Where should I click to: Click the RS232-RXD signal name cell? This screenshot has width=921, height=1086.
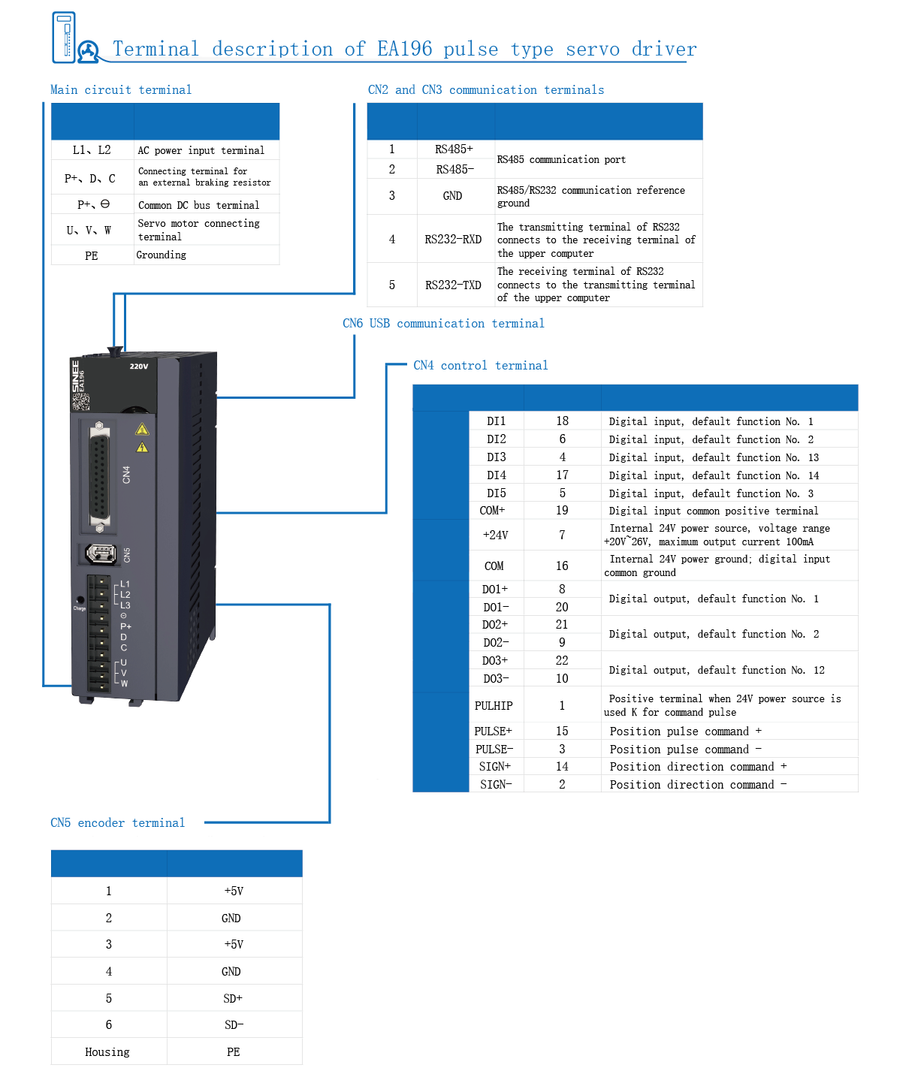click(453, 240)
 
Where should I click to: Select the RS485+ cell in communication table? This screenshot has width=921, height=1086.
click(454, 149)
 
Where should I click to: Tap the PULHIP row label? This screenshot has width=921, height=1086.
click(494, 706)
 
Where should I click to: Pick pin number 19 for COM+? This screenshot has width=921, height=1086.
click(562, 511)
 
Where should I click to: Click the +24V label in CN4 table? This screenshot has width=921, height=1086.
click(495, 535)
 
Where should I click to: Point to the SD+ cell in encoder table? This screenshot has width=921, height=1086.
click(233, 999)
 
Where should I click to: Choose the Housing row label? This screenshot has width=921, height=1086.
click(107, 1052)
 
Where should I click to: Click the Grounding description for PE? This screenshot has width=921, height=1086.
click(162, 255)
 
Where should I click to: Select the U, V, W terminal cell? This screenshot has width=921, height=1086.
click(89, 231)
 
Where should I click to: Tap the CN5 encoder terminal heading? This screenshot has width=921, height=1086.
click(117, 823)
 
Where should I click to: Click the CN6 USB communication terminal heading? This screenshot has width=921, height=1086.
click(443, 324)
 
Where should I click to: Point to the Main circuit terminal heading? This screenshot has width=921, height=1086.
click(121, 90)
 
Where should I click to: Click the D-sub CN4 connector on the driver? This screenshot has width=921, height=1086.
click(98, 475)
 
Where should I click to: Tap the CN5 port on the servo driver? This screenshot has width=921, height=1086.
click(101, 554)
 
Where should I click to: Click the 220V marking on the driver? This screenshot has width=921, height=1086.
click(139, 367)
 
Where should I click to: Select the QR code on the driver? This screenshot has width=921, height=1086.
click(80, 401)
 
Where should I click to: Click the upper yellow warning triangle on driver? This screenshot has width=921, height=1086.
click(142, 430)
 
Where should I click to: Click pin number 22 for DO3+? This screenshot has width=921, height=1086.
click(562, 661)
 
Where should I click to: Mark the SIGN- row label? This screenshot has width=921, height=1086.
click(496, 785)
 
